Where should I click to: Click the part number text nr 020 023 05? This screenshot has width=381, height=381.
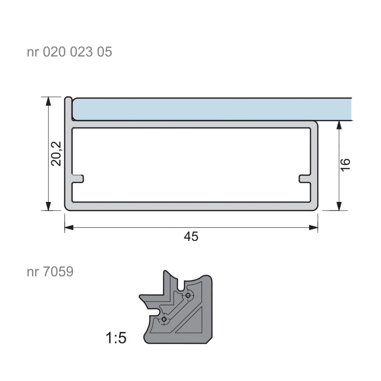pos(69,52)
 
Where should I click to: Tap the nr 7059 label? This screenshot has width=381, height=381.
pos(50,271)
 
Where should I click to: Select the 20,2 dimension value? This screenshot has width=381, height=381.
pos(56,153)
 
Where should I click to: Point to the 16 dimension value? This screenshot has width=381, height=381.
pos(345,165)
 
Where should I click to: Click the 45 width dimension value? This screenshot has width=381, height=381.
pos(191,236)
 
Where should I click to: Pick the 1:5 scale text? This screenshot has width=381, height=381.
pos(116,338)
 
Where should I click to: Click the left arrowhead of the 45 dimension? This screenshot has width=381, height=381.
pos(69,228)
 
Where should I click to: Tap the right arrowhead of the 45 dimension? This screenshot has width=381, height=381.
pos(313,228)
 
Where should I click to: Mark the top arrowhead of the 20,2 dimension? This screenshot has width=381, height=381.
pos(49,101)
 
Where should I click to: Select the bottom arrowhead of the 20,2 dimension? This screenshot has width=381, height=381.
pos(49,206)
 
